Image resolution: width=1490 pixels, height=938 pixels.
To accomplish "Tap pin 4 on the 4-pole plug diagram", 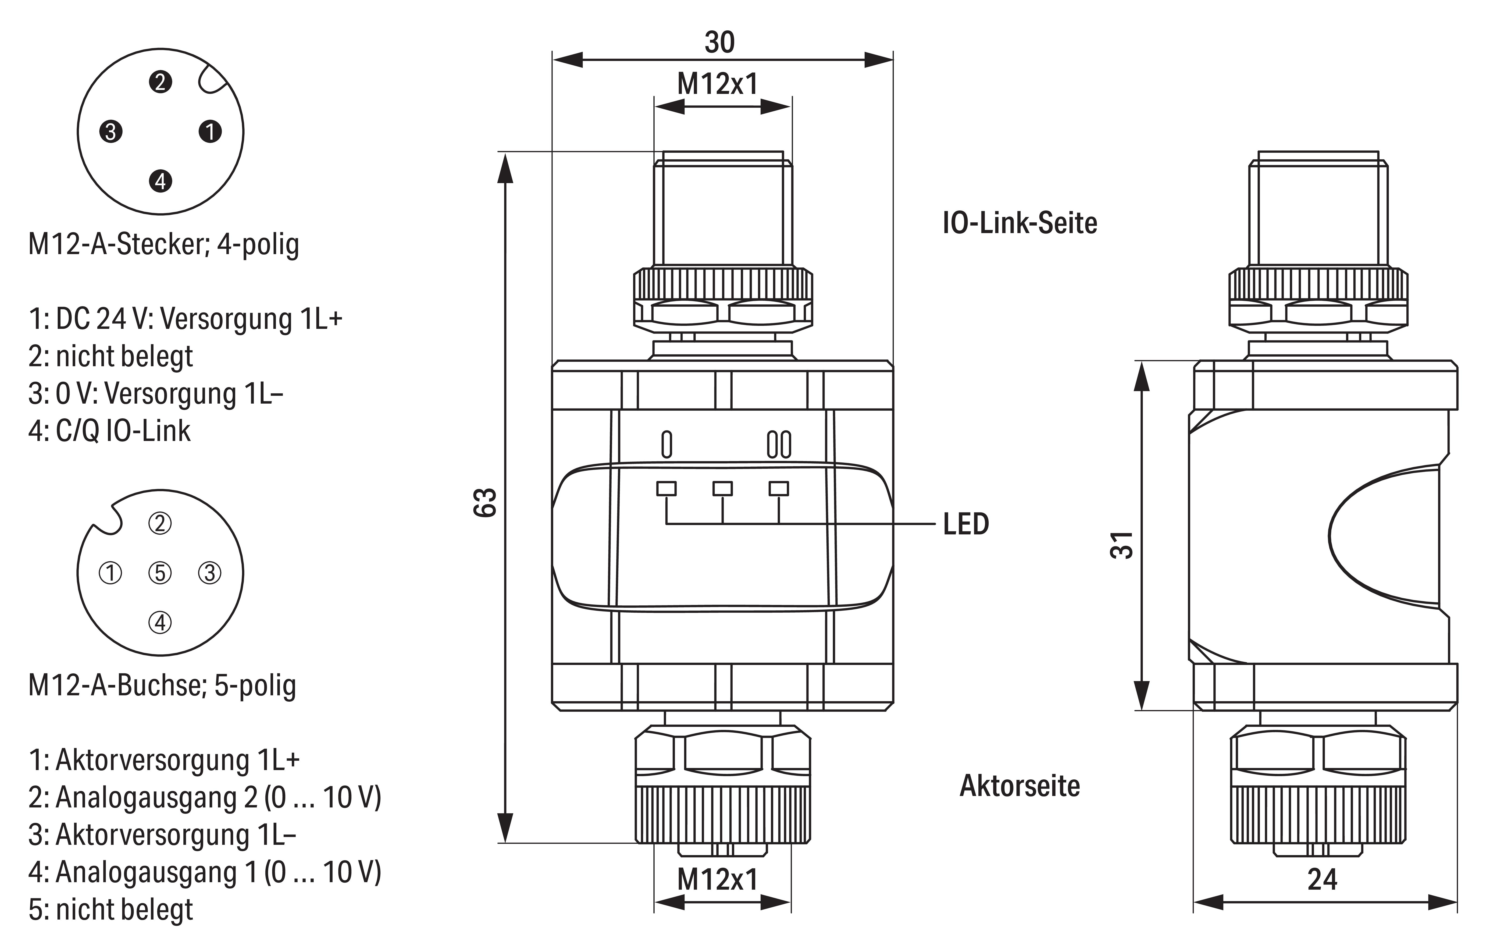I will click(160, 181).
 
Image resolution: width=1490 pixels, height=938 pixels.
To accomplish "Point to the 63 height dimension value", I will click(486, 502).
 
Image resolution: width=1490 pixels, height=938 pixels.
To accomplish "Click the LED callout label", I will click(966, 524).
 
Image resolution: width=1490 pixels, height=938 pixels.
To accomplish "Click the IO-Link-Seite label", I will click(1020, 223).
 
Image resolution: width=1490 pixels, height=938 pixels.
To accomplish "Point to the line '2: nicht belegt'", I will click(111, 356).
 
